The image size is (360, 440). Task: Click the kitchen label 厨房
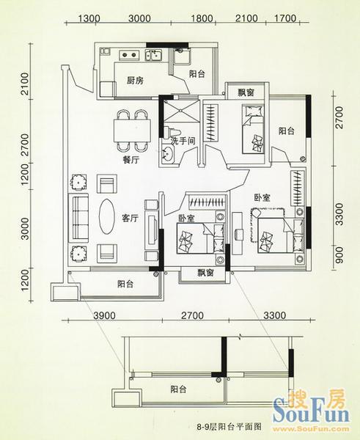coord(135,81)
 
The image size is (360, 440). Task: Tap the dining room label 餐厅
coord(131,160)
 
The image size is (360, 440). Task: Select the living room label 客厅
coord(131,218)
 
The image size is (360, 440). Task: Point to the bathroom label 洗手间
coord(183,140)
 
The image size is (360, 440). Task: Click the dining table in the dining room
coord(132,131)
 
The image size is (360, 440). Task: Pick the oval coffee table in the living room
coord(106,216)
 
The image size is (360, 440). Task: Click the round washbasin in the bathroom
coord(167,154)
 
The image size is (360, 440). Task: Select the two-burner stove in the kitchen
coord(129,55)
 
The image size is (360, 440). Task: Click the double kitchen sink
coord(153,55)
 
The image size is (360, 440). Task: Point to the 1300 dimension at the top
coord(89,18)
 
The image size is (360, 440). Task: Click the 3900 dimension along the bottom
coord(104,315)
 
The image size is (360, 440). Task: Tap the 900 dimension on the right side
coord(339,255)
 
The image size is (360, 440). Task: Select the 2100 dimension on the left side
coord(25,84)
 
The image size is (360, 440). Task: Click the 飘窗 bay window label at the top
coord(246,92)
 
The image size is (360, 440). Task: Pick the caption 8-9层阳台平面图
coord(229,427)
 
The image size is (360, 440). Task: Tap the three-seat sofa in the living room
coord(79,218)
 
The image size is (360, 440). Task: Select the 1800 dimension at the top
coord(202,18)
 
